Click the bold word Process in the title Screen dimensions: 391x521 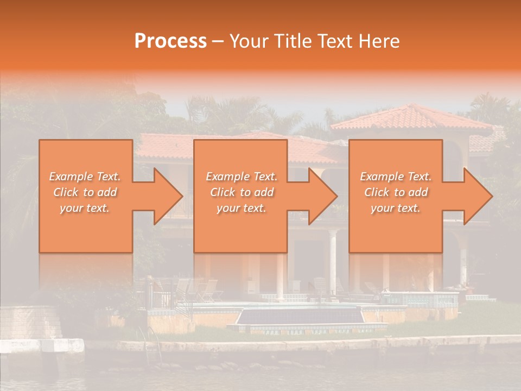(170, 41)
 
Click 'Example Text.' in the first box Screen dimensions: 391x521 (85, 176)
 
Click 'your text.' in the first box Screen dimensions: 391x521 (85, 208)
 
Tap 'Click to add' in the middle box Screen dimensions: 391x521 (242, 192)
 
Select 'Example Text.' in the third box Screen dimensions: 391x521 (396, 176)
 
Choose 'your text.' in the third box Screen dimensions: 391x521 (396, 208)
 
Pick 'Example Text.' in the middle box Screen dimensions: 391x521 (242, 176)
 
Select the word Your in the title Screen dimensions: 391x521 (250, 41)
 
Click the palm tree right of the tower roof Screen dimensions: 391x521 (488, 109)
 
